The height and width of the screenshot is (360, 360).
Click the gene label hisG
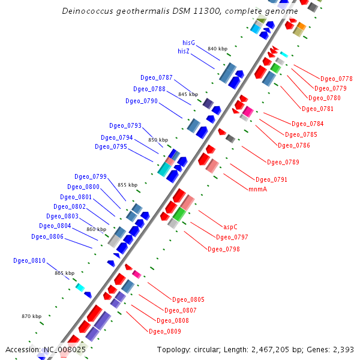189,43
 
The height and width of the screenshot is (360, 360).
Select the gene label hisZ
184,52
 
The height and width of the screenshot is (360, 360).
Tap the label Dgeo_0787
157,78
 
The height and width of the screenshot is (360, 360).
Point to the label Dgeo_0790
142,101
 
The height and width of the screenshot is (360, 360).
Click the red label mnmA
257,189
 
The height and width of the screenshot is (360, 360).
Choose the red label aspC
231,227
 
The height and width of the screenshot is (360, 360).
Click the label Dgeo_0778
337,79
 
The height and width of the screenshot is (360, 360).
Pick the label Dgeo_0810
29,260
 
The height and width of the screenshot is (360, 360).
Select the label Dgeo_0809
165,331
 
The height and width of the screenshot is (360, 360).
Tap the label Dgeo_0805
188,299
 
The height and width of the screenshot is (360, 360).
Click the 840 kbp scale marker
217,49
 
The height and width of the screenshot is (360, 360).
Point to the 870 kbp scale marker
31,316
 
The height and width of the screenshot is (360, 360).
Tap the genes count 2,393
342,349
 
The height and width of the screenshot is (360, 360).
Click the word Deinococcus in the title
88,11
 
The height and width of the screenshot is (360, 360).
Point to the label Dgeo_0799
91,176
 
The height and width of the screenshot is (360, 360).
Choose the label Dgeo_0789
283,162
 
